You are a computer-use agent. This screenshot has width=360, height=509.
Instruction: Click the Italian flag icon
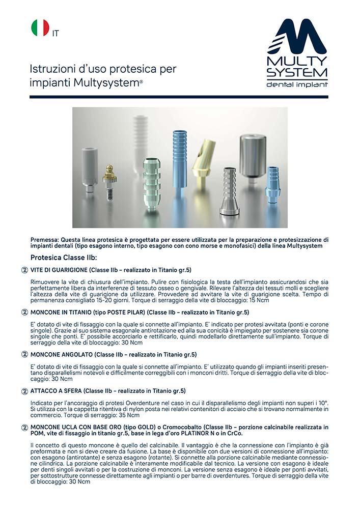(x=40, y=28)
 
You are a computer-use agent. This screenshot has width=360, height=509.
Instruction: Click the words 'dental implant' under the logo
(x=297, y=84)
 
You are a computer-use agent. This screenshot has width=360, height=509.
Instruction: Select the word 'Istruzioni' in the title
(x=48, y=69)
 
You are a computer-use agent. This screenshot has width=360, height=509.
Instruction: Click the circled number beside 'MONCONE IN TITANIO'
(x=24, y=312)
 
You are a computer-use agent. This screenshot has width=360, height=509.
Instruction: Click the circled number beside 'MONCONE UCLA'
(x=24, y=428)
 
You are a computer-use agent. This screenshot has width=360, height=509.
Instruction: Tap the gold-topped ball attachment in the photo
(x=109, y=183)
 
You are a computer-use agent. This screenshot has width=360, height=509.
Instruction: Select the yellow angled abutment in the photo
(x=202, y=163)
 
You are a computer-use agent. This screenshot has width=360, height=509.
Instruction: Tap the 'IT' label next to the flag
(x=55, y=33)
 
